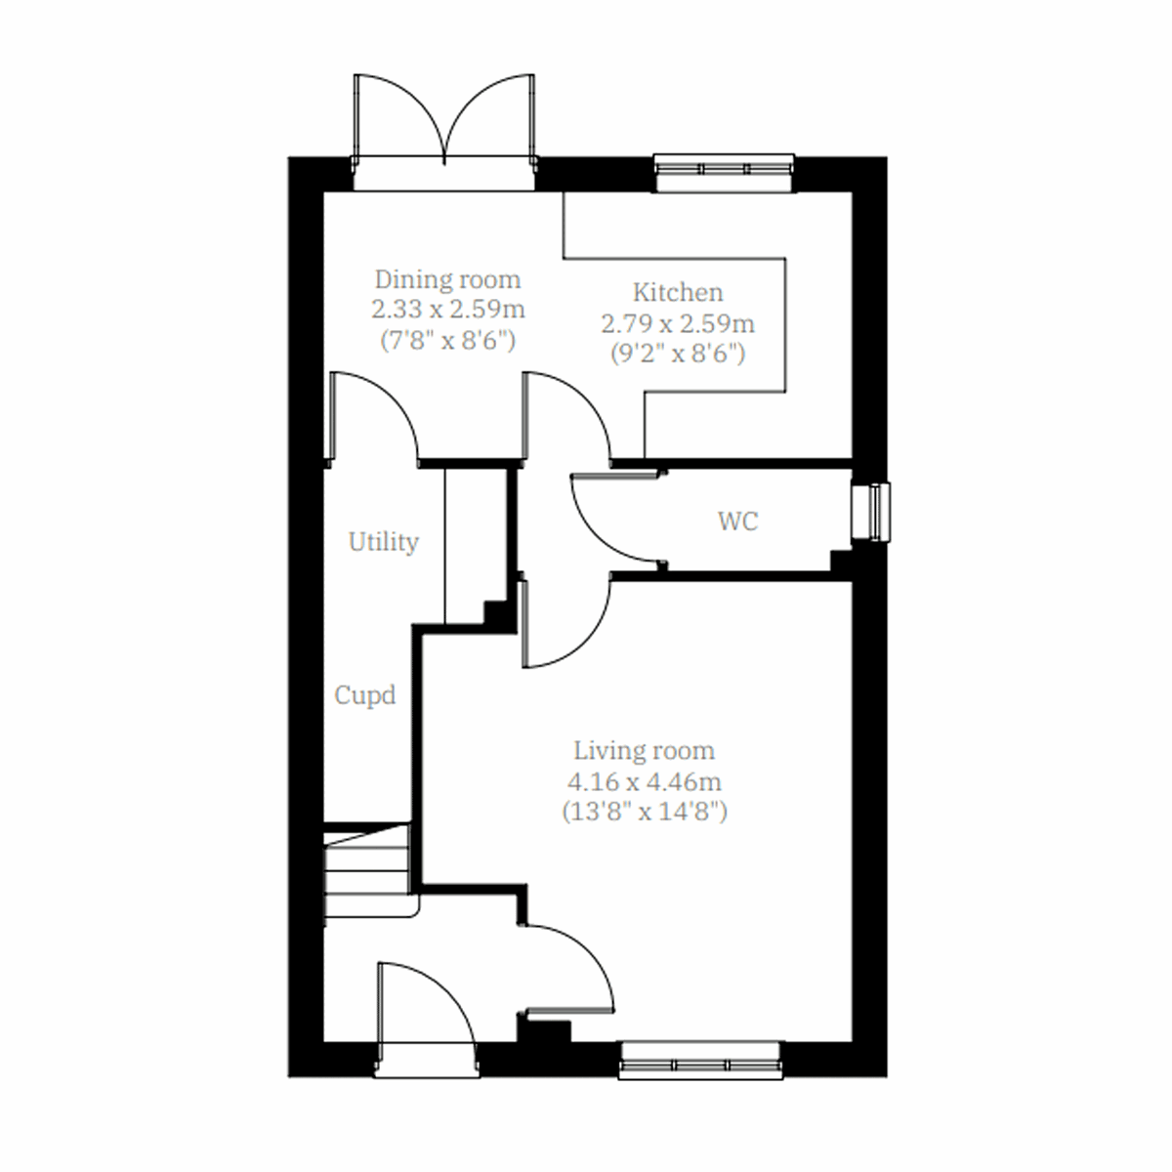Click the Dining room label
[448, 279]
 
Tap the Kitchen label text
[678, 292]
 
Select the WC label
[737, 522]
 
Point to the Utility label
[384, 542]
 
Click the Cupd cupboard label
[365, 695]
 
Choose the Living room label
[644, 751]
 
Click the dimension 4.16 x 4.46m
[644, 781]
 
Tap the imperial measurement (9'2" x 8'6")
[678, 354]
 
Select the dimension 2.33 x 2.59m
[448, 311]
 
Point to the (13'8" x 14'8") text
[644, 812]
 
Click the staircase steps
[366, 871]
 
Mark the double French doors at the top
[444, 122]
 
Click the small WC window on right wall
[870, 511]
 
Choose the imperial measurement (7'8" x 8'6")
[448, 341]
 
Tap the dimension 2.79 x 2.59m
[678, 323]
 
